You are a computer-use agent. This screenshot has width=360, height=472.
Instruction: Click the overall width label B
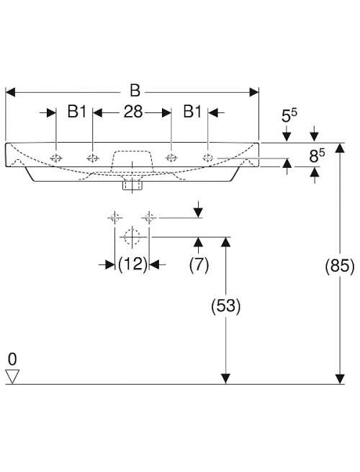[135, 90]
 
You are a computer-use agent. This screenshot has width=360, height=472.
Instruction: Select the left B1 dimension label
[77, 112]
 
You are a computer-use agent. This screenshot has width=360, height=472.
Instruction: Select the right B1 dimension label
[192, 112]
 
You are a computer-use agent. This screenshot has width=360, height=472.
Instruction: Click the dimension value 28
[133, 112]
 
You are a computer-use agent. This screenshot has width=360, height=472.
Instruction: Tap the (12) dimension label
[132, 264]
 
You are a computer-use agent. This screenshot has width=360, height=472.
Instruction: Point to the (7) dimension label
[199, 265]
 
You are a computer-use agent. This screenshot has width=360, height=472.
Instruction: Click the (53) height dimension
[226, 306]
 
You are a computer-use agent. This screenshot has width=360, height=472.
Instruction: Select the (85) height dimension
[340, 266]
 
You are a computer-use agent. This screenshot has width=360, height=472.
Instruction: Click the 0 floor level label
[12, 359]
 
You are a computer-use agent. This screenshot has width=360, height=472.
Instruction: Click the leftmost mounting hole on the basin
[56, 158]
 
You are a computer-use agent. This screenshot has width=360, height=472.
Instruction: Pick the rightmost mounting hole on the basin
[208, 157]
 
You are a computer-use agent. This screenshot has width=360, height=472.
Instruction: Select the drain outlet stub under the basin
[132, 185]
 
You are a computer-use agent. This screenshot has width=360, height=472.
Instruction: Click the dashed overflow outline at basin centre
[132, 162]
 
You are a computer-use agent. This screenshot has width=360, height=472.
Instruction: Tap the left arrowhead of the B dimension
[10, 92]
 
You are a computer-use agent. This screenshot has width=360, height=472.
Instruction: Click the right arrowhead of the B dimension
[254, 92]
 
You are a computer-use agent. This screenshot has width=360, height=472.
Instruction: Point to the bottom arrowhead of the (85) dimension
[340, 379]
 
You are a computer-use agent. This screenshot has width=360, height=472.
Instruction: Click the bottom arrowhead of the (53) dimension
[225, 379]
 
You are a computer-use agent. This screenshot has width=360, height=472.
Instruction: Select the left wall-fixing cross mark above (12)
[115, 217]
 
